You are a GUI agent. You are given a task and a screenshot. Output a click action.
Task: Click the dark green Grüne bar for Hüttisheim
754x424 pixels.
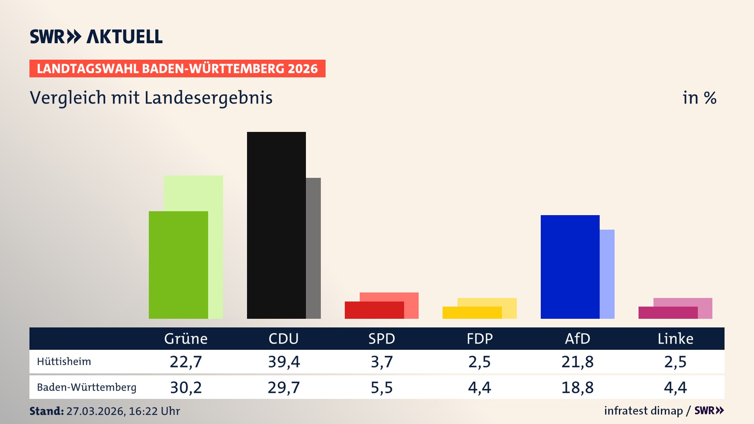pyautogui.click(x=178, y=265)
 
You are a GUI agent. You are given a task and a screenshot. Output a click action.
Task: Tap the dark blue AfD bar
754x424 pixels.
pyautogui.click(x=570, y=267)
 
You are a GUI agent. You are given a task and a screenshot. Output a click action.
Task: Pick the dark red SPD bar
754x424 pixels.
pyautogui.click(x=374, y=310)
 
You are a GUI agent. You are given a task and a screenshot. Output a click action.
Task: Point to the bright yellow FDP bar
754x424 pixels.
pyautogui.click(x=472, y=313)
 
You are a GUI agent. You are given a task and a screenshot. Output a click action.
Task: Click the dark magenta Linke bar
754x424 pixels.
pyautogui.click(x=668, y=313)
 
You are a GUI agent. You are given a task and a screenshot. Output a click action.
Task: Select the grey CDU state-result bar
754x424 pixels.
pyautogui.click(x=313, y=248)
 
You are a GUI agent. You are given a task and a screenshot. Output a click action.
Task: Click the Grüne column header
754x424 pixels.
pyautogui.click(x=186, y=338)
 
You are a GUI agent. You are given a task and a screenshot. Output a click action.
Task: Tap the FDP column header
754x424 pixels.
pyautogui.click(x=479, y=338)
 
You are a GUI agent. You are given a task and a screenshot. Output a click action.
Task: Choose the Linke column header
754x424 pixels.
pyautogui.click(x=675, y=338)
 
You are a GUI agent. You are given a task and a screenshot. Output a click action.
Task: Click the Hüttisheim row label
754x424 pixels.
pyautogui.click(x=64, y=362)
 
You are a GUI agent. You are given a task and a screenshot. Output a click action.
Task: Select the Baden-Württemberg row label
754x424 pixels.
pyautogui.click(x=86, y=387)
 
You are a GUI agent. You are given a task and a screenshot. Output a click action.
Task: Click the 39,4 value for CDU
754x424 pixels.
pyautogui.click(x=284, y=362)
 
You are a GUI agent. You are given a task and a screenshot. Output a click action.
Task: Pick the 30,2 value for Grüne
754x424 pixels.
pyautogui.click(x=186, y=387)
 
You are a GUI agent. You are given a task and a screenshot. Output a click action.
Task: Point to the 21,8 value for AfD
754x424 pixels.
pyautogui.click(x=577, y=362)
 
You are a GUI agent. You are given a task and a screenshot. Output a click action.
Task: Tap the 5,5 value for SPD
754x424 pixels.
pyautogui.click(x=382, y=387)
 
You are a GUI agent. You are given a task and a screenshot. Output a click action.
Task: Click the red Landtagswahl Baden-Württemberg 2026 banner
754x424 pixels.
pyautogui.click(x=177, y=69)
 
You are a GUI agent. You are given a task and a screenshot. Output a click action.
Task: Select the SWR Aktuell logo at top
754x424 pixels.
pyautogui.click(x=96, y=37)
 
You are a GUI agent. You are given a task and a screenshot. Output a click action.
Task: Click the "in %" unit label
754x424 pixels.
pyautogui.click(x=699, y=98)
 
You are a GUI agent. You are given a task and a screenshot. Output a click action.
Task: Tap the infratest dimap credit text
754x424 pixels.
pyautogui.click(x=643, y=411)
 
